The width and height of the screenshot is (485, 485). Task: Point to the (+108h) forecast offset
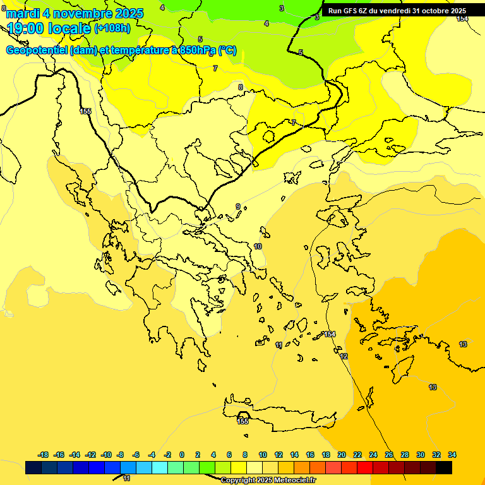click(112, 28)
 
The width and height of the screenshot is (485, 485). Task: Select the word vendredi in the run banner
click(394, 11)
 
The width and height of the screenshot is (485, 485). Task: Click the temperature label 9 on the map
click(238, 207)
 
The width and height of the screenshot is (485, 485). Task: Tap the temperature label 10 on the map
click(258, 246)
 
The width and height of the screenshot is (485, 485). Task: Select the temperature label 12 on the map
click(344, 357)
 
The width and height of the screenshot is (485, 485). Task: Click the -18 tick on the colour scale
click(43, 455)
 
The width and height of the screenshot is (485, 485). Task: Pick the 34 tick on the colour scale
click(452, 455)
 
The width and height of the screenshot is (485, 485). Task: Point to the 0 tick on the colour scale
click(182, 455)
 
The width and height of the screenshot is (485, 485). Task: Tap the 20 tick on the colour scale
click(342, 455)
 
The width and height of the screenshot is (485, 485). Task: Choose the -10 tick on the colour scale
click(106, 455)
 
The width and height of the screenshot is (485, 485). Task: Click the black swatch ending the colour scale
click(444, 467)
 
